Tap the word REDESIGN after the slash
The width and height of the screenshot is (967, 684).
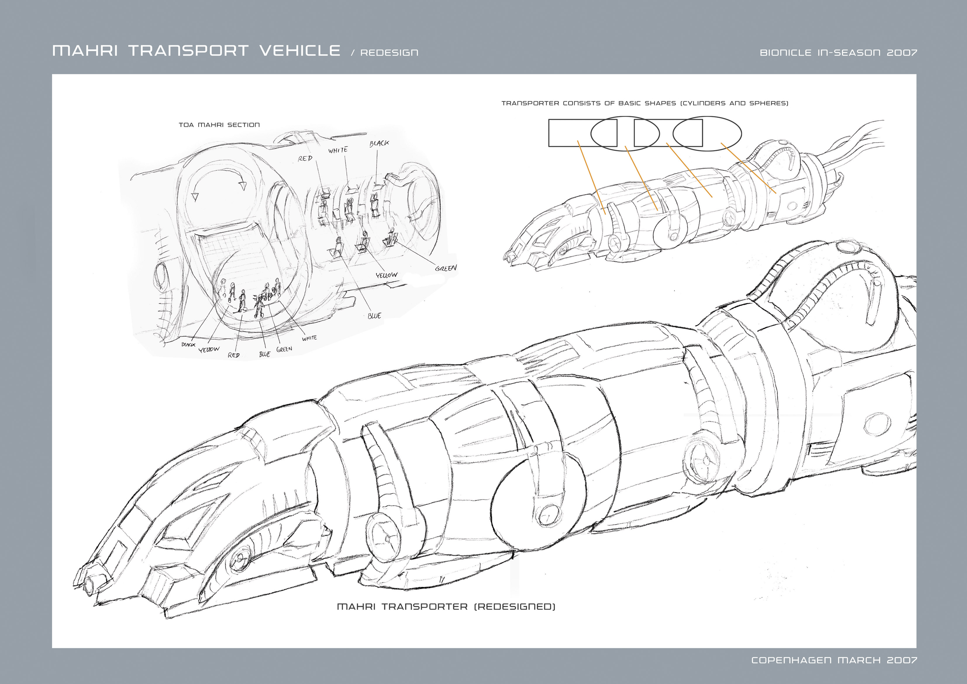pos(389,53)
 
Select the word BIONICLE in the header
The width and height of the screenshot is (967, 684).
pos(785,53)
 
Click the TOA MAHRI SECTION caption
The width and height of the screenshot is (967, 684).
pos(219,125)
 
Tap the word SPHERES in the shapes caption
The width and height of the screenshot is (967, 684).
pos(768,103)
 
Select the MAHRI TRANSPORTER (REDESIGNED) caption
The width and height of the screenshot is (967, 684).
pos(446,607)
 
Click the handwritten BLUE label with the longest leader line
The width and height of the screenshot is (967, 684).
pos(374,316)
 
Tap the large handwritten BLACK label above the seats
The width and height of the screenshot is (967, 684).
pos(379,144)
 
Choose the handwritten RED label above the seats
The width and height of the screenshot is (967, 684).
pos(305,159)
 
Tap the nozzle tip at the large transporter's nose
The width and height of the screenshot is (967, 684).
pos(90,585)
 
